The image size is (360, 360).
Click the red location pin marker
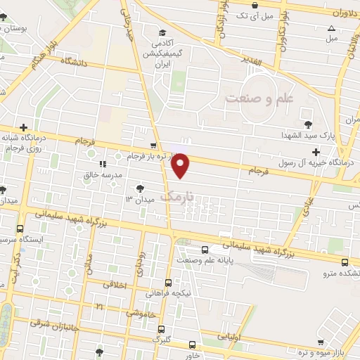(181, 166)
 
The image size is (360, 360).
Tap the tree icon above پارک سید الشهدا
(307, 114)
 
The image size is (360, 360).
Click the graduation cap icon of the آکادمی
(162, 32)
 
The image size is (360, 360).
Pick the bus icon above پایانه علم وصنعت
(205, 250)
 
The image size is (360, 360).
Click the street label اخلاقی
(115, 285)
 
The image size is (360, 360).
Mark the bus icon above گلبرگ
(161, 329)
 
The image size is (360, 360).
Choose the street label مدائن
(89, 261)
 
